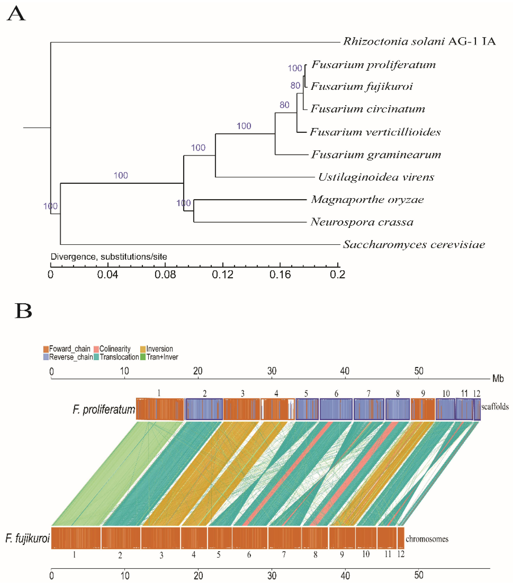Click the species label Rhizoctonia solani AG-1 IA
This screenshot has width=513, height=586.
419,42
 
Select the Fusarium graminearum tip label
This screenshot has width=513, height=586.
376,155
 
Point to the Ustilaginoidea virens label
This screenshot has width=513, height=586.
376,177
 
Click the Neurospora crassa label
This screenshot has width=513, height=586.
362,222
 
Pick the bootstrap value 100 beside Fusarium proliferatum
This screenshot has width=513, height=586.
295,68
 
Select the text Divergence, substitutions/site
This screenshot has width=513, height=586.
109,257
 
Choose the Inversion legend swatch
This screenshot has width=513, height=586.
143,349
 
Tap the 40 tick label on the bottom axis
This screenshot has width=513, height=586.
345,575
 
